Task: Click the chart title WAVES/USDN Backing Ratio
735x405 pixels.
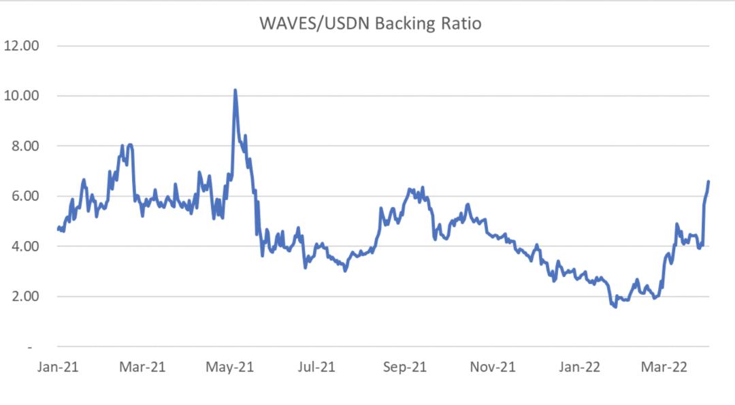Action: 370,24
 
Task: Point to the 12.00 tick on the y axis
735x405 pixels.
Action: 22,46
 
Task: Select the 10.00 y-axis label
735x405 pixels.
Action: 22,95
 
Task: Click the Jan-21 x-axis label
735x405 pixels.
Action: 59,367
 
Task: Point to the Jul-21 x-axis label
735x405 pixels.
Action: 316,367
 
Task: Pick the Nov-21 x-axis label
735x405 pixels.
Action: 492,367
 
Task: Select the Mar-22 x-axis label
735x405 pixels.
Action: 665,367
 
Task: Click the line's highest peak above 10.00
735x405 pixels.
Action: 235,90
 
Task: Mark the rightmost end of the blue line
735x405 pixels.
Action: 708,181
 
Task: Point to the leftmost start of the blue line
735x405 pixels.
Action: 58,229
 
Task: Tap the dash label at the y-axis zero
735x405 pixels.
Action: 29,347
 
